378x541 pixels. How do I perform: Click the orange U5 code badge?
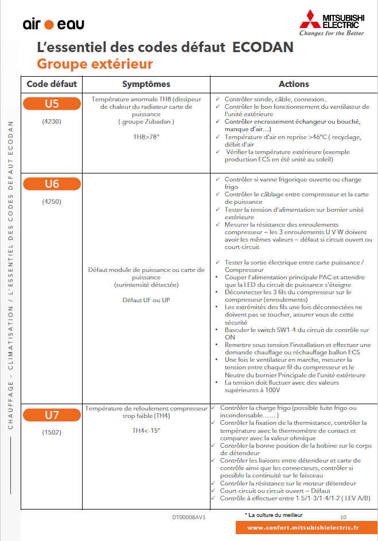click(x=52, y=104)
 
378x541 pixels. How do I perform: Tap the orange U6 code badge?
click(x=52, y=184)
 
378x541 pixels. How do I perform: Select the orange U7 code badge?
click(x=52, y=414)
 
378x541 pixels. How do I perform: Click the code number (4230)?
click(x=52, y=121)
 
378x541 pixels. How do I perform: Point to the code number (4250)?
click(x=52, y=202)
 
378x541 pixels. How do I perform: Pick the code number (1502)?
click(x=52, y=433)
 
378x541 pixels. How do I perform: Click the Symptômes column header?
click(x=146, y=84)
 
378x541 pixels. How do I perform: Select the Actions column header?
click(x=294, y=84)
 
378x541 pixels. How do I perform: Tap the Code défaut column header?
click(x=52, y=84)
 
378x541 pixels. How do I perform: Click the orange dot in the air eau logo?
click(x=49, y=25)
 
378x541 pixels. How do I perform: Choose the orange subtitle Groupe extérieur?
click(x=95, y=63)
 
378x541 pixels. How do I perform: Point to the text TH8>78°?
click(x=146, y=137)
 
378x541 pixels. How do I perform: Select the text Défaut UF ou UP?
click(x=146, y=300)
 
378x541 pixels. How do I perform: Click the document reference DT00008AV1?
click(x=189, y=517)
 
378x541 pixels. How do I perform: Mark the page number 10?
click(x=343, y=516)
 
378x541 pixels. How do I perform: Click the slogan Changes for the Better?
click(x=332, y=33)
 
